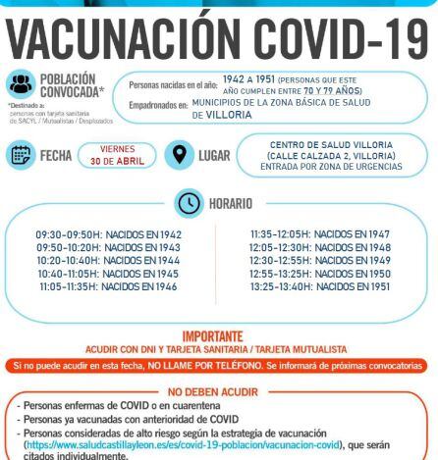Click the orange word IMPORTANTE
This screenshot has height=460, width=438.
pyautogui.click(x=218, y=333)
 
